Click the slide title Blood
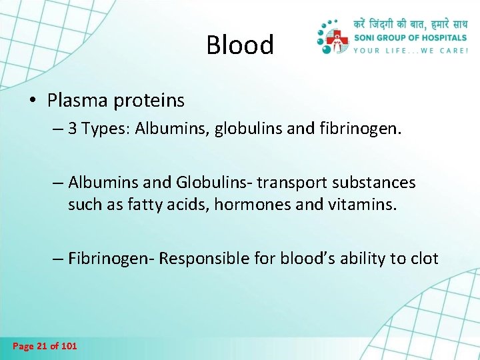click(240, 45)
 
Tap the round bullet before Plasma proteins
click(33, 101)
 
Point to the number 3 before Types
click(73, 129)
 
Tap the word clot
click(424, 258)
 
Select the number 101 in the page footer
click(69, 346)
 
